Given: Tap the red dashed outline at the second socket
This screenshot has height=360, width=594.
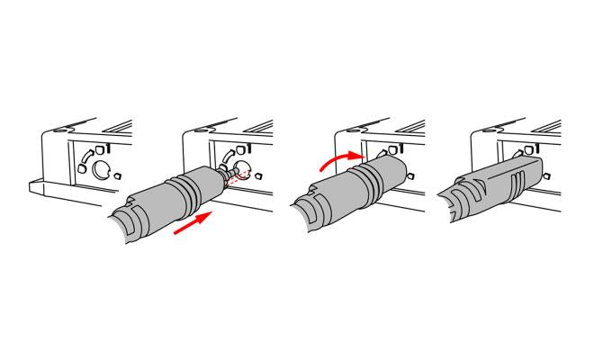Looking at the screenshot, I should (x=237, y=174).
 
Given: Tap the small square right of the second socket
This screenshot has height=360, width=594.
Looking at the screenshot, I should (x=259, y=175).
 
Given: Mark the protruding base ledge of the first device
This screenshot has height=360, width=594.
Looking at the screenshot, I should (x=45, y=190).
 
